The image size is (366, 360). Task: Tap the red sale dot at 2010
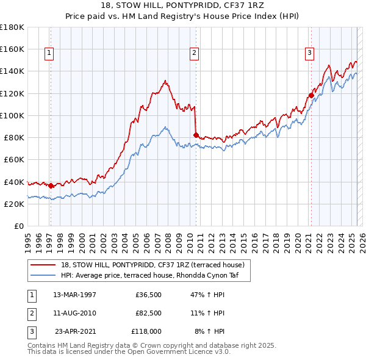pyautogui.click(x=196, y=135)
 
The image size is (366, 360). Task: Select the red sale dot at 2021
pyautogui.click(x=311, y=95)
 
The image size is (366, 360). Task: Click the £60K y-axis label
pyautogui.click(x=13, y=160)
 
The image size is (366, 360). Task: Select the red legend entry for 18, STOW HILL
pyautogui.click(x=152, y=265)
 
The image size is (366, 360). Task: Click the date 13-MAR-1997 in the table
pyautogui.click(x=74, y=295)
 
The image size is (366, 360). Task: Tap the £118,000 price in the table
pyautogui.click(x=146, y=331)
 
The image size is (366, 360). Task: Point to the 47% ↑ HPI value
pyautogui.click(x=207, y=295)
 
